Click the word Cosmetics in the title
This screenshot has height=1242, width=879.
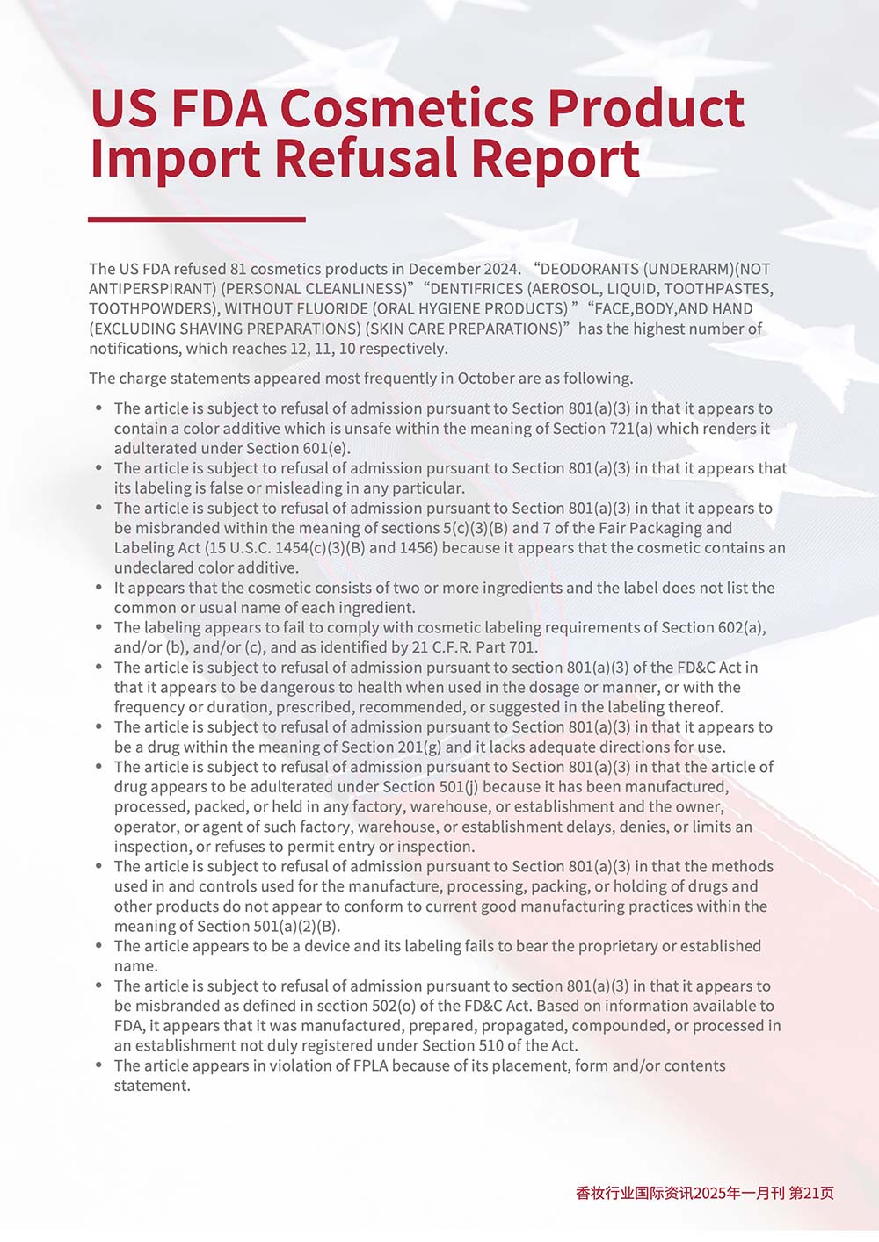406,108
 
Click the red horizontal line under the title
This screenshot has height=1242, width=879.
197,220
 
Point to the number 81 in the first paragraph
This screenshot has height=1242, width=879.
238,269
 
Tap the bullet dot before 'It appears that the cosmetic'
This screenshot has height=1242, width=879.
99,588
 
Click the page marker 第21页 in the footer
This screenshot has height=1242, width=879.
811,1193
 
